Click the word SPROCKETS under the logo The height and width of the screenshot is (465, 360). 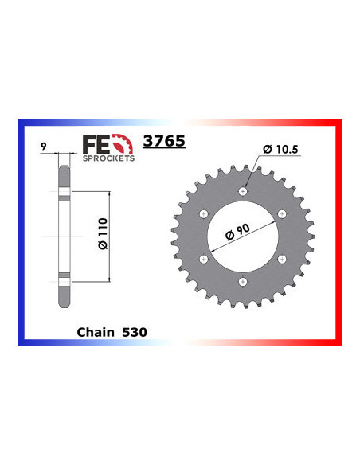click(x=108, y=158)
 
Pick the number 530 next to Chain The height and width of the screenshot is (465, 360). click(x=134, y=329)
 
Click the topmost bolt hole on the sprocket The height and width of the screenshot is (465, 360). click(x=245, y=190)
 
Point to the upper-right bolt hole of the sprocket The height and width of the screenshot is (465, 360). click(x=285, y=213)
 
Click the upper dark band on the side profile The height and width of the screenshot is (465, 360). click(x=64, y=194)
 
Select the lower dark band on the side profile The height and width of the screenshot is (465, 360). click(x=64, y=277)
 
